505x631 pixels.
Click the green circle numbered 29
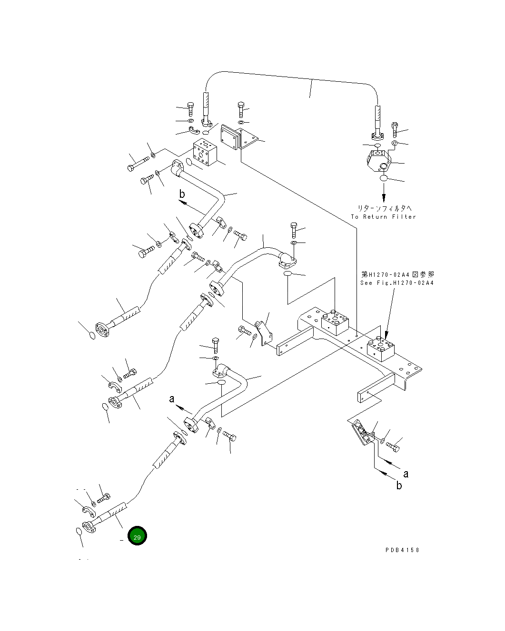[x=137, y=536]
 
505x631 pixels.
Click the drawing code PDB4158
[x=402, y=550]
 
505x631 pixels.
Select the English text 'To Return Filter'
[x=383, y=217]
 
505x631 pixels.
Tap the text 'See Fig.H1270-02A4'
[x=397, y=283]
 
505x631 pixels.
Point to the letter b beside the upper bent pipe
[x=182, y=194]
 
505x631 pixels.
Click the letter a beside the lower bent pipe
[x=172, y=399]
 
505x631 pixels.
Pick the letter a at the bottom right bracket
[x=406, y=474]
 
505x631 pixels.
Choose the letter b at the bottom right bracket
[x=399, y=485]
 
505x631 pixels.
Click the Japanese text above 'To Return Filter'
[x=385, y=208]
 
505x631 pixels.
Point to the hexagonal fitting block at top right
[x=379, y=160]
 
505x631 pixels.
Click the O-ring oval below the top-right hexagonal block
[x=384, y=178]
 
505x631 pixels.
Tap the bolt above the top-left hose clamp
[x=190, y=109]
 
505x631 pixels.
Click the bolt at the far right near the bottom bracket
[x=393, y=447]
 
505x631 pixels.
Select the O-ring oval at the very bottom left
[x=79, y=531]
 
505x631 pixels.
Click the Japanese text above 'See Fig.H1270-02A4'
[x=397, y=274]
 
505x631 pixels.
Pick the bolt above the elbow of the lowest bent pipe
[x=215, y=344]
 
